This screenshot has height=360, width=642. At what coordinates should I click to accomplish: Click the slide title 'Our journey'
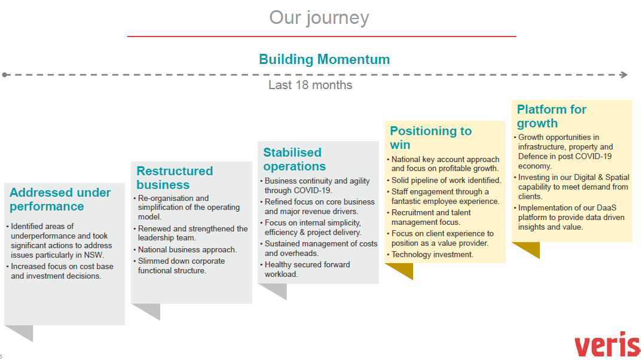click(x=319, y=17)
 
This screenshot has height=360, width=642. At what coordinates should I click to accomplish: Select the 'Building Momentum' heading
click(x=324, y=59)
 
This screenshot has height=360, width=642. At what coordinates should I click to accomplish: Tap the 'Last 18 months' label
click(x=310, y=85)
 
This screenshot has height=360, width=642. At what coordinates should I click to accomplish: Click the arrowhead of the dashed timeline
click(x=624, y=75)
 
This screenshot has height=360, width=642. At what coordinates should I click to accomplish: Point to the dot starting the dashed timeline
click(x=5, y=75)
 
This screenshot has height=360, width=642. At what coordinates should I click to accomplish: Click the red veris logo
click(x=607, y=345)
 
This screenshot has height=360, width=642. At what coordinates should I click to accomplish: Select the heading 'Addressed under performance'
click(x=60, y=199)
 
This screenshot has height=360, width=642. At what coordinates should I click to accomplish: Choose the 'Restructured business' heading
click(x=175, y=178)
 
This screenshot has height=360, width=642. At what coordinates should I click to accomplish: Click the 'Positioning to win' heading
click(x=430, y=138)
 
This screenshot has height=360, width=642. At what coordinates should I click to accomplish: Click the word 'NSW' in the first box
click(x=93, y=255)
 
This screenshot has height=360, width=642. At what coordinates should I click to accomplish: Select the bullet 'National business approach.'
click(x=187, y=249)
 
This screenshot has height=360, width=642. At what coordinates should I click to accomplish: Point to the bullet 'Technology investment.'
click(x=432, y=254)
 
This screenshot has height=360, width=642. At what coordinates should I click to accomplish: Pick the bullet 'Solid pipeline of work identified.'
click(x=446, y=180)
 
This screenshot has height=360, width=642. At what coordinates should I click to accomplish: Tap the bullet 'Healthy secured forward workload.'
click(x=307, y=269)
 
